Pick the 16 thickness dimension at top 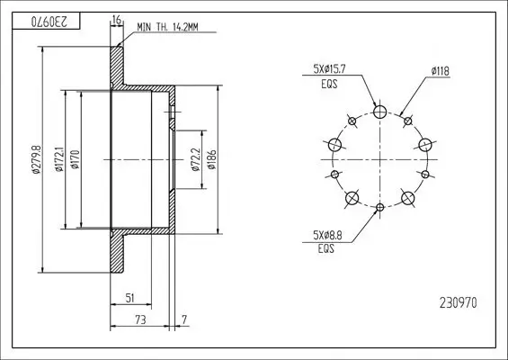click(116, 20)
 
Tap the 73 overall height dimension click(140, 320)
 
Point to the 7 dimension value click(183, 320)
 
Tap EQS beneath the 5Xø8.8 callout click(326, 250)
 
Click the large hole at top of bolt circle click(380, 112)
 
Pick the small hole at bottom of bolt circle click(380, 208)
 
